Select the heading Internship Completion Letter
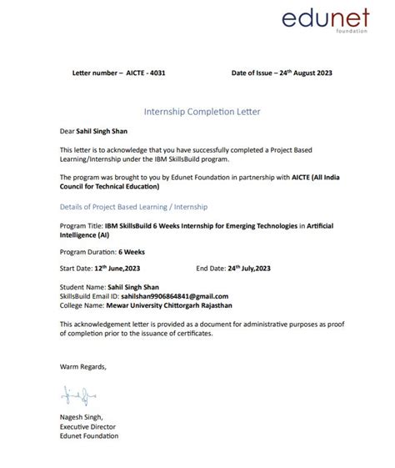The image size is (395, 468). (x=197, y=111)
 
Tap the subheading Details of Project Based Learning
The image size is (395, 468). (x=133, y=206)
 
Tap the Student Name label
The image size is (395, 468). (x=83, y=286)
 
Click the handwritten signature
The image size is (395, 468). (x=73, y=396)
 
